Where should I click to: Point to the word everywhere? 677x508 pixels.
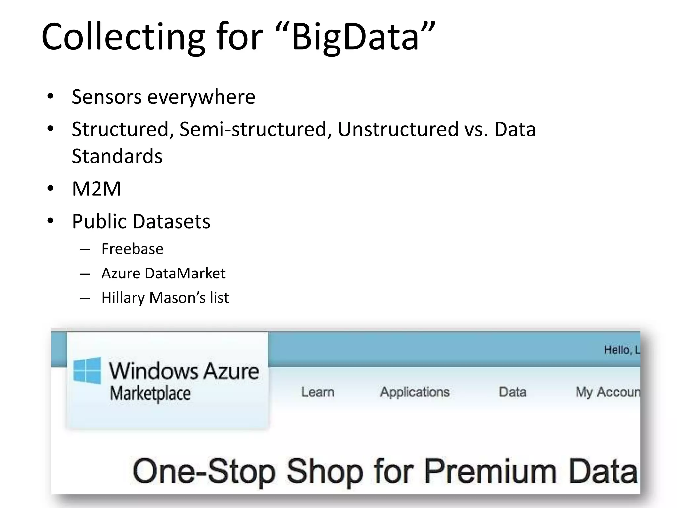click(201, 97)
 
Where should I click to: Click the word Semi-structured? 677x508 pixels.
click(256, 129)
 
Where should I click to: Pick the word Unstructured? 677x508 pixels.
click(398, 129)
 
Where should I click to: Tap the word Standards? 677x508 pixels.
click(117, 156)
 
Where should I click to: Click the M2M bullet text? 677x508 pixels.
click(97, 189)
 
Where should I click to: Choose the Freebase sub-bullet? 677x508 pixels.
click(132, 249)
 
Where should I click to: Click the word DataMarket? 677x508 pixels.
click(185, 274)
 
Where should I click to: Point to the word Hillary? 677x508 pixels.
click(123, 298)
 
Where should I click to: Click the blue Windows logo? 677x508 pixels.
click(87, 370)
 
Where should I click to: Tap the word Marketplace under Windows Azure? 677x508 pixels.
click(150, 394)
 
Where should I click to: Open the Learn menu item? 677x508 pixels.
click(318, 392)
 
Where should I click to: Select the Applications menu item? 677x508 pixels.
click(415, 392)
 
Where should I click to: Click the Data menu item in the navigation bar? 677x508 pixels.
click(512, 392)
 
